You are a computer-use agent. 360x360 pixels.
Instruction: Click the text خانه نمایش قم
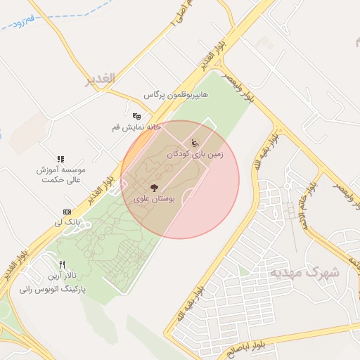coord(136,127)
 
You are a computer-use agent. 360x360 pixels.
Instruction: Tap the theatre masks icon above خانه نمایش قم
coord(136,115)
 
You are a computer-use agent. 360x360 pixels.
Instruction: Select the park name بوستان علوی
coord(154,200)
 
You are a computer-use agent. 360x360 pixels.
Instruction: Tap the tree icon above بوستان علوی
coord(154,188)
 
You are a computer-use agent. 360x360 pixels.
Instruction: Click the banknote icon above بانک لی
coord(67,212)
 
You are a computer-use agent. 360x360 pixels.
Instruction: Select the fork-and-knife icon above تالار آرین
coord(63,265)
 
